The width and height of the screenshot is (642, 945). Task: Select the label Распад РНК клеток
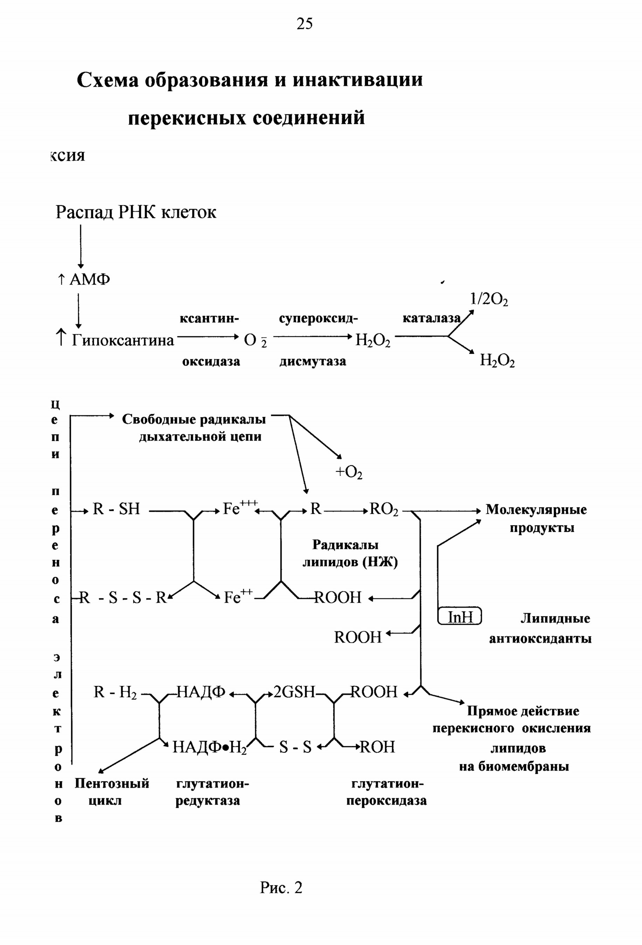click(136, 212)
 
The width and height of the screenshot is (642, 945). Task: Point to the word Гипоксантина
click(123, 340)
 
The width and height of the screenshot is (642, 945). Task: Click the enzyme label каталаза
click(432, 318)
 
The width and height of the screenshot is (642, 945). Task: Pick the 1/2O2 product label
click(489, 300)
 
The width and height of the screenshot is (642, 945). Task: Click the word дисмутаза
click(312, 361)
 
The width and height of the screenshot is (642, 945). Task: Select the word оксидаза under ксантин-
click(211, 362)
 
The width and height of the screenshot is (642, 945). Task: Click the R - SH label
click(116, 509)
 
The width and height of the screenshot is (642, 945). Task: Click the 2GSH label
click(294, 692)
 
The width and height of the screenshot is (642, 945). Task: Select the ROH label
click(378, 747)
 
